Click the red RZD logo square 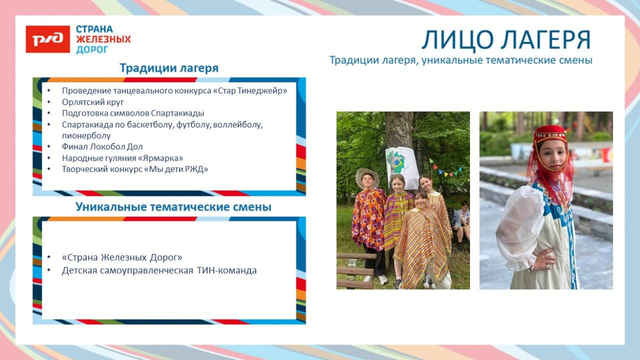48,39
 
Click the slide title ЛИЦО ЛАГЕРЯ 506,40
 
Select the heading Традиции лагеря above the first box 169,68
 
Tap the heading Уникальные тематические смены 173,207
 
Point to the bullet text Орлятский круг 93,102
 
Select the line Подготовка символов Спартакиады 133,113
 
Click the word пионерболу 86,136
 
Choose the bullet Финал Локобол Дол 102,147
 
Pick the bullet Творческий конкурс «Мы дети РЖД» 135,169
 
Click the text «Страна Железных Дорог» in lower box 122,257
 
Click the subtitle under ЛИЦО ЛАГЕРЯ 460,60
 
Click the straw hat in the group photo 367,176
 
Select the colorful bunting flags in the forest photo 445,168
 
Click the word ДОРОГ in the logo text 92,50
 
